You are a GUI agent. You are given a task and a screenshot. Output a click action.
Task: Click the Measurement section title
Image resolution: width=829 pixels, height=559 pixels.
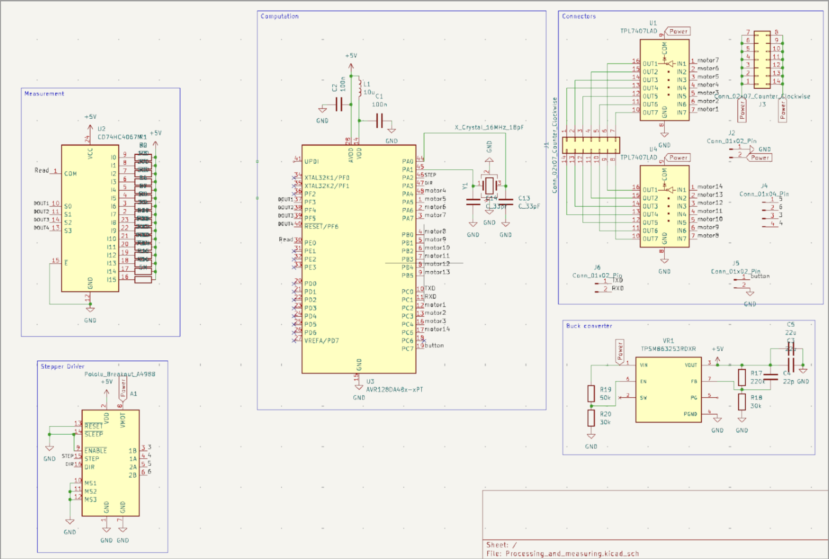tap(44, 94)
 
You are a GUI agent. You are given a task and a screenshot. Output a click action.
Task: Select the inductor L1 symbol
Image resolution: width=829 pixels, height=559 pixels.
tap(359, 89)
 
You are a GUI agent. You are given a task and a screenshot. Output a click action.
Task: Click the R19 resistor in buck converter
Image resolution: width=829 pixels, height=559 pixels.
tap(591, 393)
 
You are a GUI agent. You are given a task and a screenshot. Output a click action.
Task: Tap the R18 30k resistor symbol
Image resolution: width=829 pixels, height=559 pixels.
tap(742, 401)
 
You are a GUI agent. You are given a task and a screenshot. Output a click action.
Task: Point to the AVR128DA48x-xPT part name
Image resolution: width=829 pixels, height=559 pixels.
tap(394, 389)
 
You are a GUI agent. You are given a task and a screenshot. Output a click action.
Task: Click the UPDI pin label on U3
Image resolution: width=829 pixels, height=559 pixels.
tap(311, 161)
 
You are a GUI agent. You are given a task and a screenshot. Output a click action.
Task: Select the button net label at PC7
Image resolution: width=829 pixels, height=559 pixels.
tap(434, 345)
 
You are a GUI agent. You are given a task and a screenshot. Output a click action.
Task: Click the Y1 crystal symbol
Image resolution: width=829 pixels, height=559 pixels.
tap(489, 185)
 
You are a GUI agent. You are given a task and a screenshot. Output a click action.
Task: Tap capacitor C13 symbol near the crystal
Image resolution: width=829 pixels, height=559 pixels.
tap(505, 202)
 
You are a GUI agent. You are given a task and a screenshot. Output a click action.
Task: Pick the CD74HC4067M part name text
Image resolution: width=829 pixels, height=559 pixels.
tap(119, 137)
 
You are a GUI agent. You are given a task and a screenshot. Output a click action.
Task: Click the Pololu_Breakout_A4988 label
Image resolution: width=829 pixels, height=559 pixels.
tap(120, 374)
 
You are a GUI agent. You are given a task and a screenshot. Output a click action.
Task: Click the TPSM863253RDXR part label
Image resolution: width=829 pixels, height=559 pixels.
tap(668, 349)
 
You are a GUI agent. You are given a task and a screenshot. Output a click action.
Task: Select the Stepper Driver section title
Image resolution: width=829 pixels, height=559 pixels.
tap(63, 366)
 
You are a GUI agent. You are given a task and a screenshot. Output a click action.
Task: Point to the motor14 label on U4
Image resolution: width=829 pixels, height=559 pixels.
tap(710, 186)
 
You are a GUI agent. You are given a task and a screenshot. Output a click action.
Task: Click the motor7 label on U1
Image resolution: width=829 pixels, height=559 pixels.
tap(708, 60)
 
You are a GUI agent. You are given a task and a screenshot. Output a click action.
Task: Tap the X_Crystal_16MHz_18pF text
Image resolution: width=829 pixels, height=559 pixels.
tap(489, 127)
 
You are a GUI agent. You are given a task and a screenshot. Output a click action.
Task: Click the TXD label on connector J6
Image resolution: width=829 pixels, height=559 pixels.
tap(617, 280)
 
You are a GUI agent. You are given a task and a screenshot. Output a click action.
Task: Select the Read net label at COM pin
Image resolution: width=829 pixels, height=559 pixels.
tap(41, 170)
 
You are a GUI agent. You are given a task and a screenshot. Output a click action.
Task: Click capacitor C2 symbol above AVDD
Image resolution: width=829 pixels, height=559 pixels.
tap(339, 105)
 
